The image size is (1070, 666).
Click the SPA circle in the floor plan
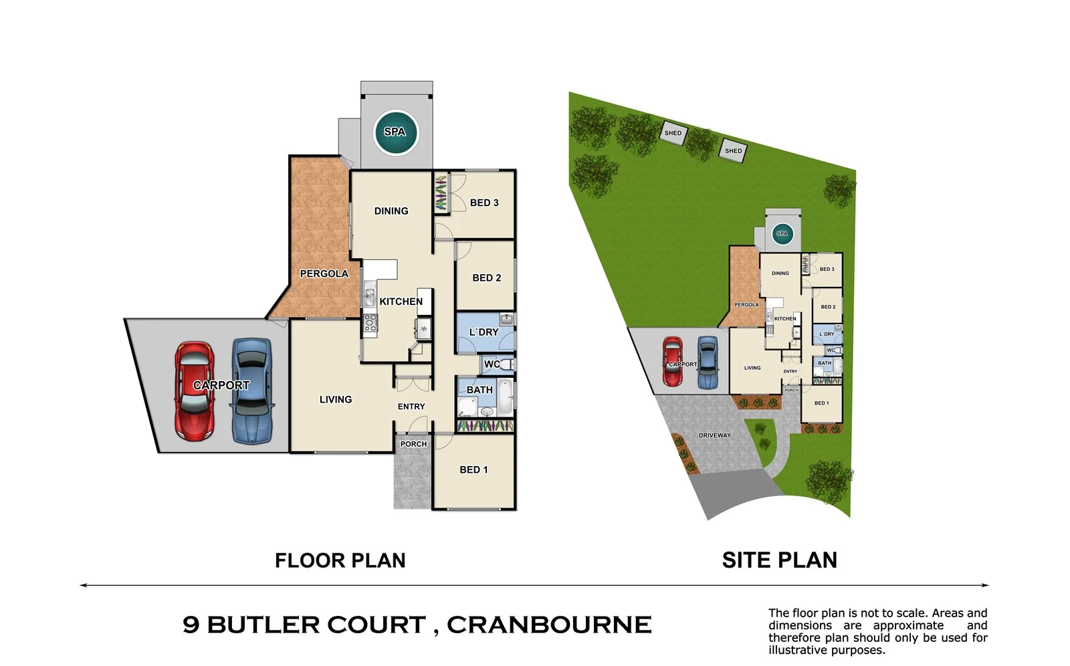[395, 132]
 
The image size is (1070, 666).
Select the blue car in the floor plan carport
[252, 391]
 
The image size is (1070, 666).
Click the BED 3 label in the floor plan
[484, 203]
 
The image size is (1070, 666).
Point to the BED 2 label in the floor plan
[486, 277]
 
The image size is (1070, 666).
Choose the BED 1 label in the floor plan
[473, 469]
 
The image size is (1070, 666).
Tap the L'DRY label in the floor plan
[484, 332]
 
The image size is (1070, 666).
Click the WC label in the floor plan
[492, 364]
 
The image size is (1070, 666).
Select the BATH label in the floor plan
[479, 390]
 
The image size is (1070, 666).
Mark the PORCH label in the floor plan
[413, 444]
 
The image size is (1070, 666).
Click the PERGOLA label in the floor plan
[324, 273]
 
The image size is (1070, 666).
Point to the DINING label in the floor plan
[391, 211]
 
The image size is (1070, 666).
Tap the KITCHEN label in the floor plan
[401, 302]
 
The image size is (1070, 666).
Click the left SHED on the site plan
[673, 132]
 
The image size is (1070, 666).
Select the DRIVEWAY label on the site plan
[714, 435]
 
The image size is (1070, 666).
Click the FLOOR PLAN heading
[340, 560]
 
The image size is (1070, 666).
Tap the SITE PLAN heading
[779, 560]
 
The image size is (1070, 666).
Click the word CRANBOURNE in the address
[548, 625]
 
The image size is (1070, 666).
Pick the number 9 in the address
[191, 625]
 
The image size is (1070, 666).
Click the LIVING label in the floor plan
[335, 399]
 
